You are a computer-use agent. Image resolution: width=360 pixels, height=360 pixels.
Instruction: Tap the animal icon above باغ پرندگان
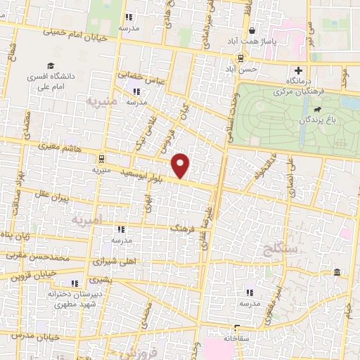(x=319, y=110)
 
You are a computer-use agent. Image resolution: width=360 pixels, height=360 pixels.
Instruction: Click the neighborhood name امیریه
(x=86, y=220)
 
